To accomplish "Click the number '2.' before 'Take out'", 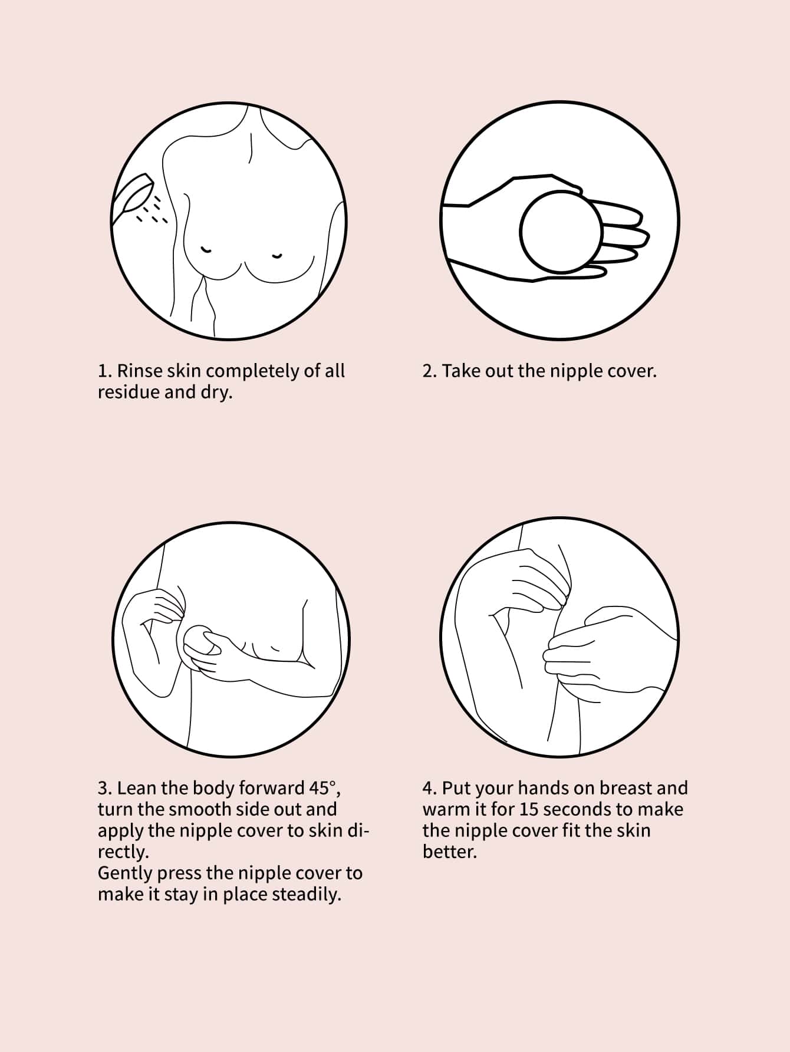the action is coord(430,371).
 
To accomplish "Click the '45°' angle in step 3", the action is coord(324,788).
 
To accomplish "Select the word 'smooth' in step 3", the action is coord(200,809).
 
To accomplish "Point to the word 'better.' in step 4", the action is coord(449,852).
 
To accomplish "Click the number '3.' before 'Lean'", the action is coord(105,789).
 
